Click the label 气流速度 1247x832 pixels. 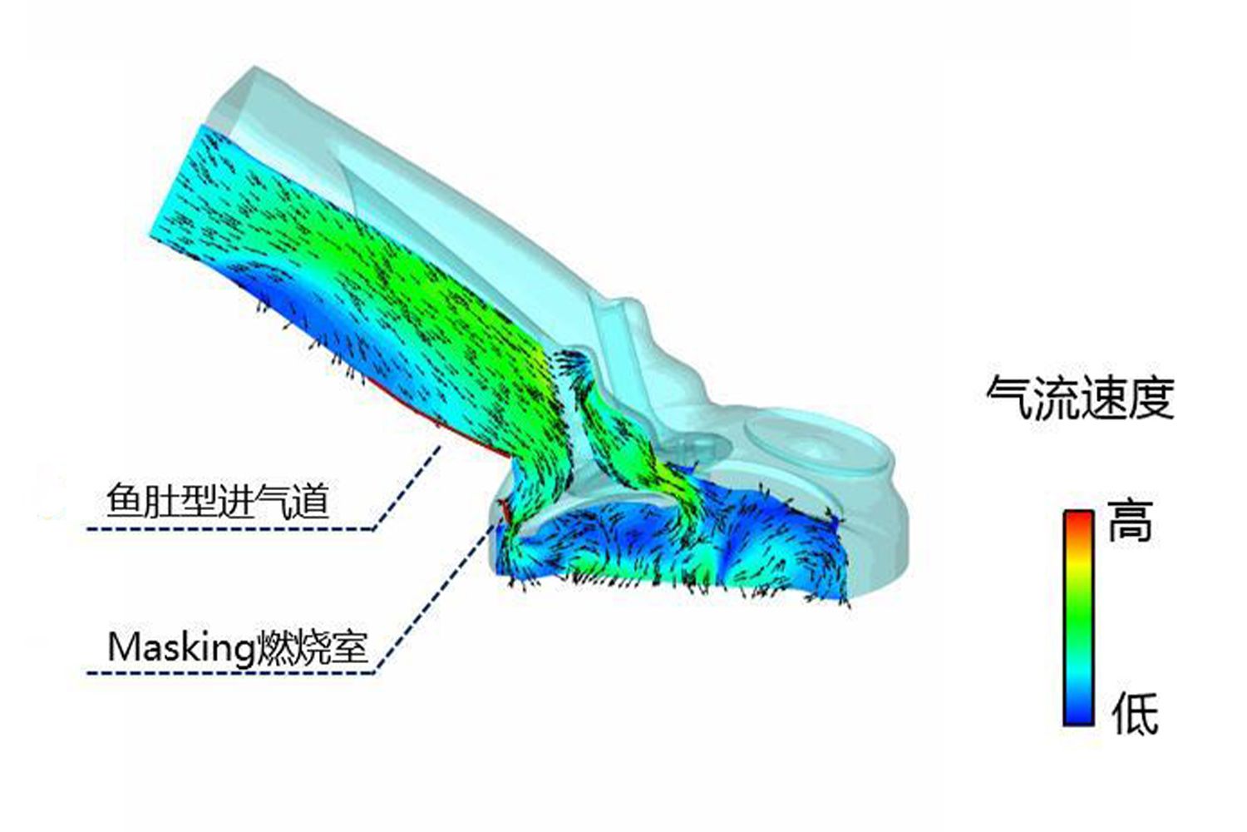coord(1080,398)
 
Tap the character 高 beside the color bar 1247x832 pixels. coord(1130,521)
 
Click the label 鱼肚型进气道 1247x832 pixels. coord(217,501)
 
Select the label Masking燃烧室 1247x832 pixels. coord(238,648)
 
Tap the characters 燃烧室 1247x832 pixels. coord(311,648)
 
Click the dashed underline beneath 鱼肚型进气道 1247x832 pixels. coord(230,529)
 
